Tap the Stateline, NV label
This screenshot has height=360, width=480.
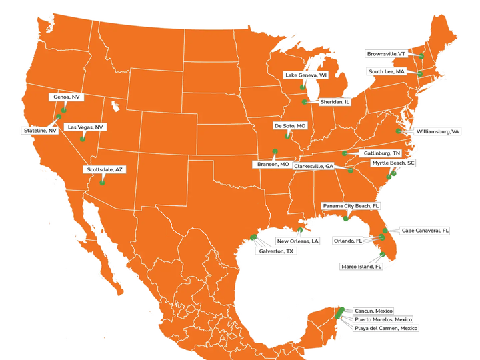(39, 131)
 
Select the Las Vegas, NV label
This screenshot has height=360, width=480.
(86, 127)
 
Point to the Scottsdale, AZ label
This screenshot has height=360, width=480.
(105, 169)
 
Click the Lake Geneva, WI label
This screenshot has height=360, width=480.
(305, 75)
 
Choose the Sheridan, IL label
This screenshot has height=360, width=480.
(335, 102)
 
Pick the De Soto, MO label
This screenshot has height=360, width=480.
(289, 125)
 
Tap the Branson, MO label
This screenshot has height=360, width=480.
(273, 164)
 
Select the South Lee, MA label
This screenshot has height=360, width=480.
(386, 71)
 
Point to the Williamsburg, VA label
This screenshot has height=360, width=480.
(437, 131)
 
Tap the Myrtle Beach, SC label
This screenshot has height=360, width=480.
(393, 163)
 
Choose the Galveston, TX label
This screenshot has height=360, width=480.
(276, 251)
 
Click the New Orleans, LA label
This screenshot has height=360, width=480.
(298, 240)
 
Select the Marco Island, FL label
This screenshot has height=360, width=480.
(361, 266)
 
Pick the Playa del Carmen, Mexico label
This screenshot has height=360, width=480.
(386, 328)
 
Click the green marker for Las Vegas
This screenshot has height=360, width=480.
(82, 139)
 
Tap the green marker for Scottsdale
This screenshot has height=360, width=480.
(102, 182)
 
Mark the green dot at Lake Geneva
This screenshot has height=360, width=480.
(302, 87)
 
